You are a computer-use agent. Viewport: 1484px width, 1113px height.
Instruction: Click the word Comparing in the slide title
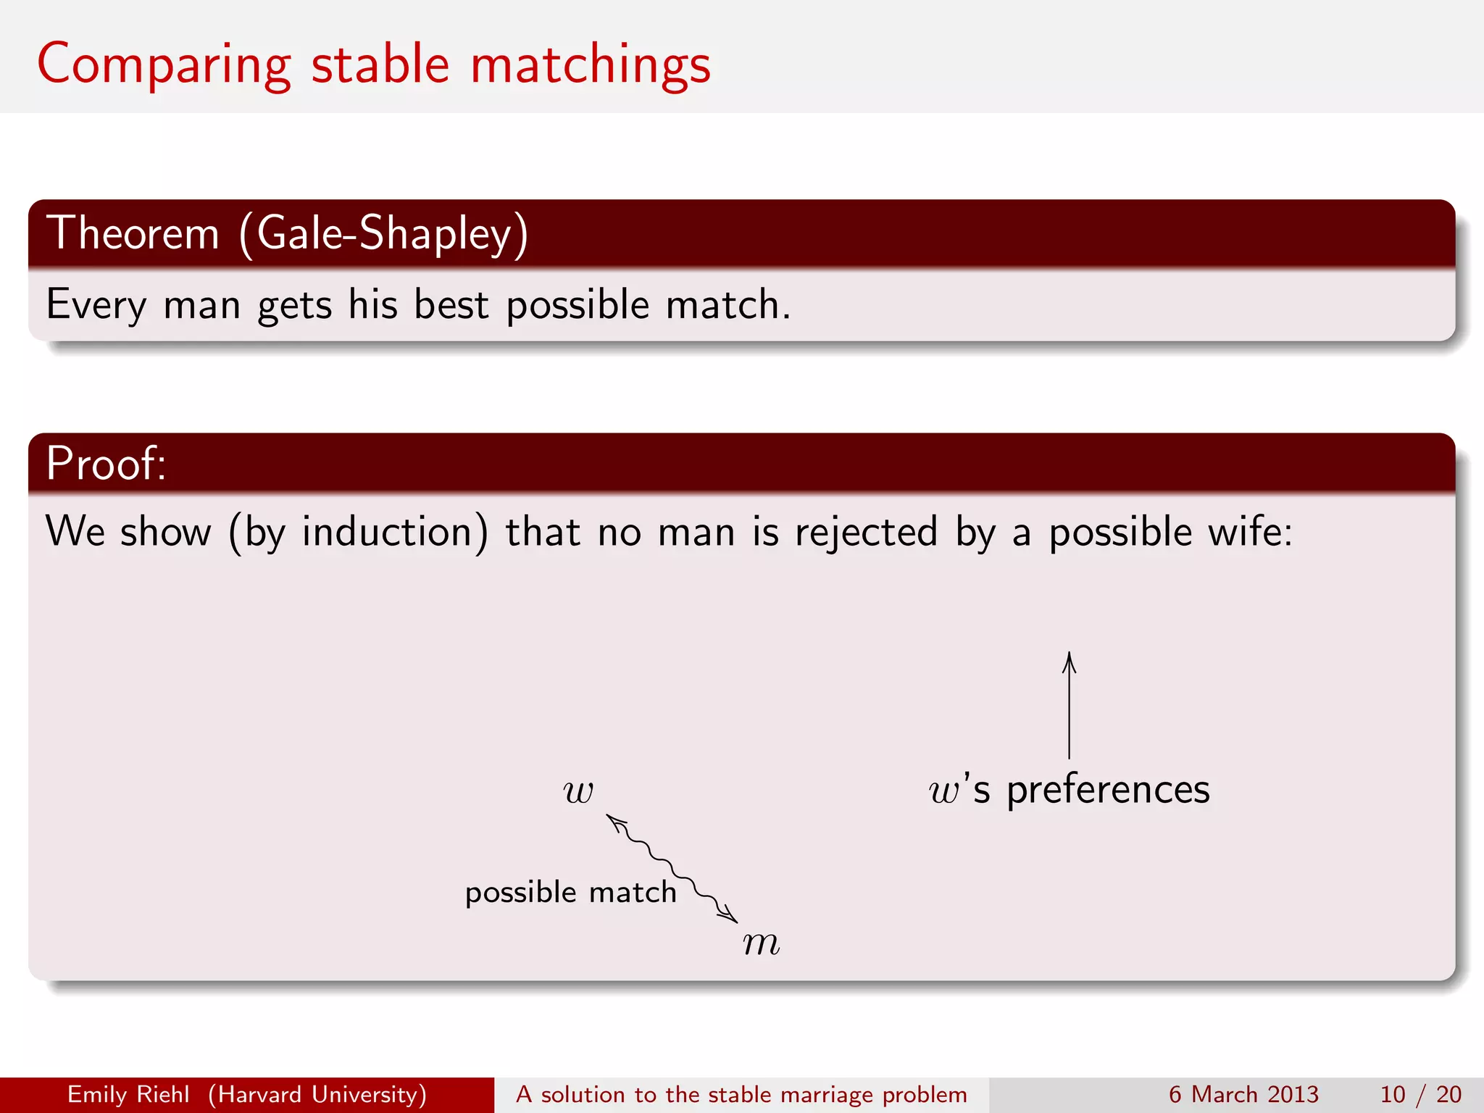(164, 65)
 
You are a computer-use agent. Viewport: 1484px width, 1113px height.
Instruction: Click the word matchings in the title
(590, 65)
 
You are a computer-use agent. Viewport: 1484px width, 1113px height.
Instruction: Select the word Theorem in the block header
(133, 233)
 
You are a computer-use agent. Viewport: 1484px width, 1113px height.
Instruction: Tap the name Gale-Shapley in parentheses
(385, 233)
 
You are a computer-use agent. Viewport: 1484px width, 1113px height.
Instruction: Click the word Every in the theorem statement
(96, 304)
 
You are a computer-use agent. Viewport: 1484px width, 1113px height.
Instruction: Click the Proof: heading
(106, 463)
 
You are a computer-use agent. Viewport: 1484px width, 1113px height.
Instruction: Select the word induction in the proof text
(387, 532)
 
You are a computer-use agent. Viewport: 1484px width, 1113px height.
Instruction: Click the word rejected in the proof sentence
(866, 532)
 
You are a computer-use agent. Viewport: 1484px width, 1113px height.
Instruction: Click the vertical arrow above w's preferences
(1069, 706)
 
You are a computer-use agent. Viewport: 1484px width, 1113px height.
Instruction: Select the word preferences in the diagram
(1108, 789)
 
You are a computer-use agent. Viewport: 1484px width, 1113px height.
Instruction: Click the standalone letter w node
(578, 791)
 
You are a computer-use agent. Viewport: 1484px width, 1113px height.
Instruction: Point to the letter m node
(761, 943)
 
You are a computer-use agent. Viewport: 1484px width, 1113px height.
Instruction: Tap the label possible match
(570, 892)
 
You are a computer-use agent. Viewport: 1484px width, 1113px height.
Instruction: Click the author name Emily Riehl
(128, 1094)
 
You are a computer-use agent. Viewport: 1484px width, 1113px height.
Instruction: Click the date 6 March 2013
(1243, 1094)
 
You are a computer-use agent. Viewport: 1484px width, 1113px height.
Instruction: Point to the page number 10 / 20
(1420, 1094)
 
